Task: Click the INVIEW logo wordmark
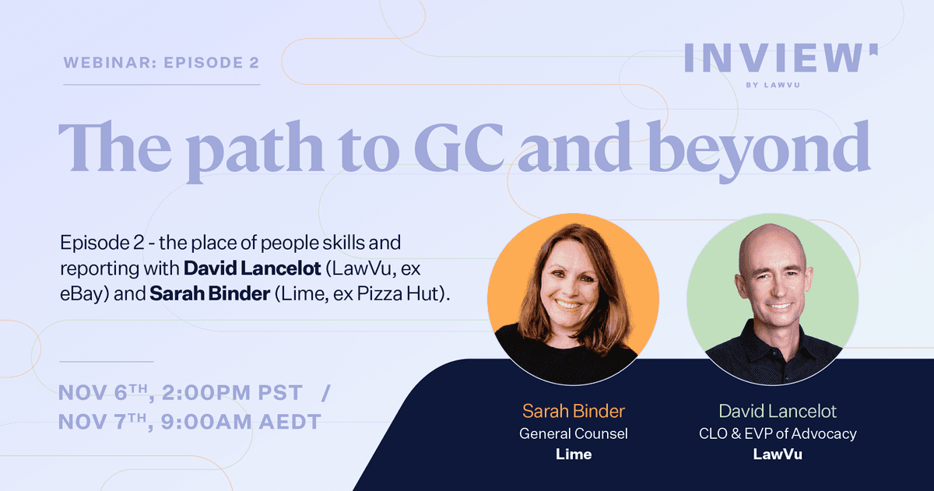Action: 781,58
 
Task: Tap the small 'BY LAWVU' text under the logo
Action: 773,85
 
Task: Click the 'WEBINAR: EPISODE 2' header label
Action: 161,62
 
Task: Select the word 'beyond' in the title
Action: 759,151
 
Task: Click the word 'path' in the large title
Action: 255,151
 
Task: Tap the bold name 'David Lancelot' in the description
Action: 252,268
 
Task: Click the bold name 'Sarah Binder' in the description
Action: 209,294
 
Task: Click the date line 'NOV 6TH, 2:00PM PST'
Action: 180,393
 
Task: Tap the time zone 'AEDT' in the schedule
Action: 290,422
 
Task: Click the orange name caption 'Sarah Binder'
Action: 574,411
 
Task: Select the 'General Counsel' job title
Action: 574,433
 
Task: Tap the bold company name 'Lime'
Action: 574,454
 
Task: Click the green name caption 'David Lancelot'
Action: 778,411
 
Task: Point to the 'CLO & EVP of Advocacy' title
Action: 778,433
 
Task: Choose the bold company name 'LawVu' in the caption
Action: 778,454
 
